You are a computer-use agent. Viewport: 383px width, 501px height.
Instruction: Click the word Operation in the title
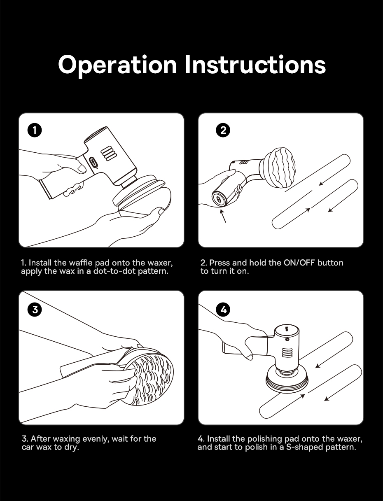pos(117,65)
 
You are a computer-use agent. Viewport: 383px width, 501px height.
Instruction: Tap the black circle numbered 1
pos(35,130)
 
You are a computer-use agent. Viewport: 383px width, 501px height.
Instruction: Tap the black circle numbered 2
pos(223,130)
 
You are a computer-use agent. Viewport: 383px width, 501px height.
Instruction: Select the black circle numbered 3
pos(35,310)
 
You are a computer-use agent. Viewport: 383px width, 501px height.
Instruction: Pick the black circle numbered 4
pos(223,310)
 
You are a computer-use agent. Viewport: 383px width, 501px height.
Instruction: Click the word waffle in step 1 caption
pos(81,263)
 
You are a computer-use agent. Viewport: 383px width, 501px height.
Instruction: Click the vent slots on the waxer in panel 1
pos(109,154)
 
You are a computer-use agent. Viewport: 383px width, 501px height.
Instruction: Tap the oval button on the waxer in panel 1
pos(93,163)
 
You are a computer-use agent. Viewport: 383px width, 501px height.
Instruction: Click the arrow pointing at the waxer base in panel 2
pos(223,216)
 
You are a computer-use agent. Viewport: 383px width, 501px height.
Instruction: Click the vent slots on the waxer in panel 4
pos(285,352)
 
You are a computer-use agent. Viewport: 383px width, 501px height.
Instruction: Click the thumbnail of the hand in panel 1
pos(81,169)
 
